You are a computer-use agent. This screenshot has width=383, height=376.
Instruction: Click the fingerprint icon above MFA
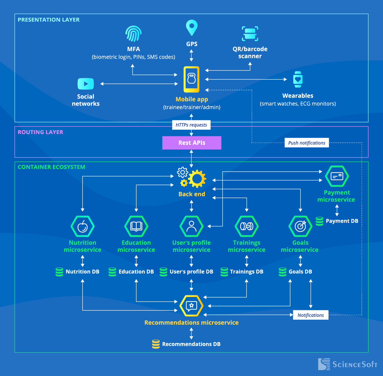point(133,34)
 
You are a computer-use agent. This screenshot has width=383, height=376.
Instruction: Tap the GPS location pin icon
point(191,28)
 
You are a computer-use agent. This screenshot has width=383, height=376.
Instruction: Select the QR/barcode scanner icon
point(250,34)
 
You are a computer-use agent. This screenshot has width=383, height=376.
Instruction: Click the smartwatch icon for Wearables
point(298,79)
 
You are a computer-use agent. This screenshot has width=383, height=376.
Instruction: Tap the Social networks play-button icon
point(86,84)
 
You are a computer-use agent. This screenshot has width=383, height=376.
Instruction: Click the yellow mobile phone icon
point(191,79)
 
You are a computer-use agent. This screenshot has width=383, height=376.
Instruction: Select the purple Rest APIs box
point(191,143)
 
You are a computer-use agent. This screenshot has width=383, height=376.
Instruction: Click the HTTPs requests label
point(191,125)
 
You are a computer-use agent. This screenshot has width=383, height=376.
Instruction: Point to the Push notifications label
point(306,143)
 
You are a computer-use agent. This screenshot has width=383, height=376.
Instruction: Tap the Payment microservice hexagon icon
point(337,176)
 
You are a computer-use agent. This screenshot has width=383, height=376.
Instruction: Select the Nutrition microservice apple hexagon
point(82,226)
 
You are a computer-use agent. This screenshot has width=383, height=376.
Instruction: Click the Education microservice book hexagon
point(136,226)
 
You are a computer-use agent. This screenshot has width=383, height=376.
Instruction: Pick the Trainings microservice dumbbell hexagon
point(247,226)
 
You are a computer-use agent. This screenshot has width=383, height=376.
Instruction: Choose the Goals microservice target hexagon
point(300,226)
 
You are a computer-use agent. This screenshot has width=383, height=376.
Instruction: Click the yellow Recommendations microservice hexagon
point(191,306)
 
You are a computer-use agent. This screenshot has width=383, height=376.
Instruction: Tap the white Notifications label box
point(311,315)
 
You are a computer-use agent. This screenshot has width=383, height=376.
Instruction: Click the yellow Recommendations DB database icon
point(156,344)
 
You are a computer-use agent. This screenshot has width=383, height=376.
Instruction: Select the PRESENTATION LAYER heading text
point(49,20)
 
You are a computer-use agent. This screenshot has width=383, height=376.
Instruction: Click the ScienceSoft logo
point(348,364)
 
